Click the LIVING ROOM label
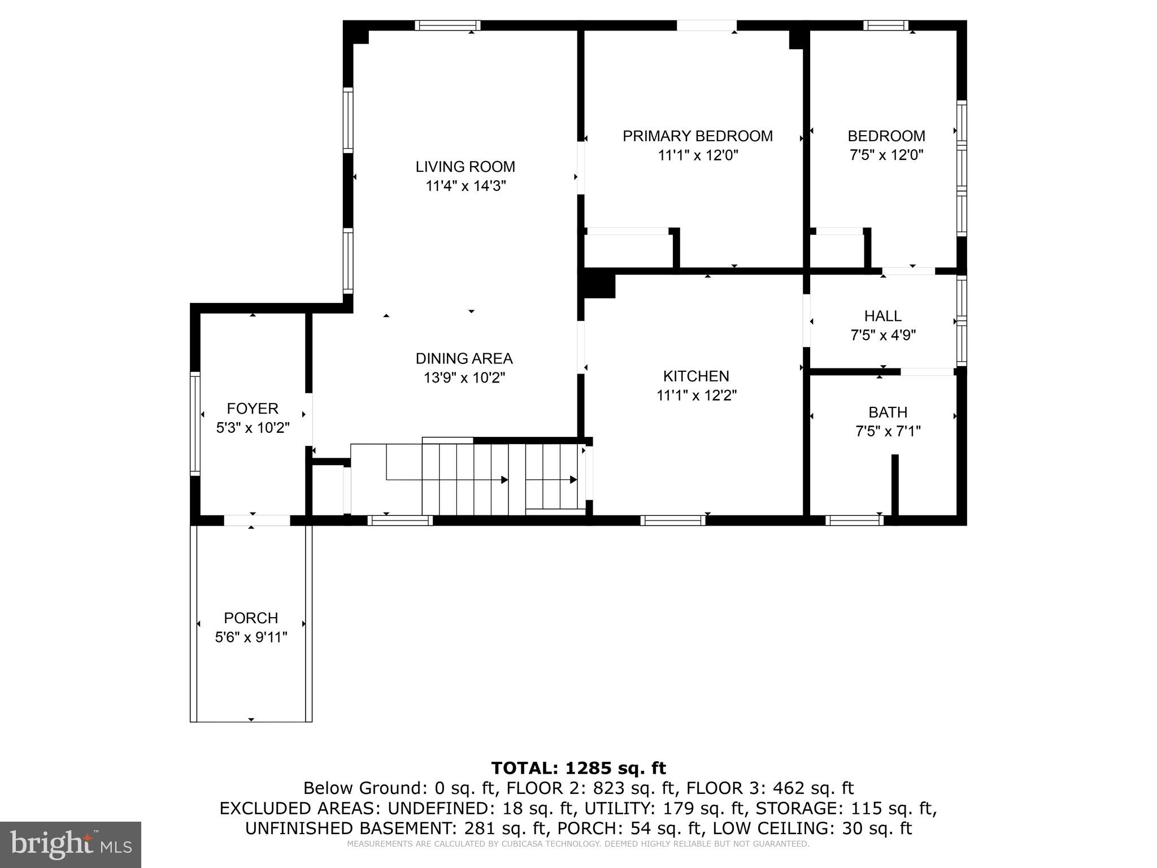coord(465,167)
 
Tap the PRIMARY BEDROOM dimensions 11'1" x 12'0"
coord(698,155)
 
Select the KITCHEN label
coord(696,376)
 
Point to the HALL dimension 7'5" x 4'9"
coord(883,335)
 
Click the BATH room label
coord(888,412)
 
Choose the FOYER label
coord(253,409)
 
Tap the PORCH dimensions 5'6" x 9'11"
coord(251,637)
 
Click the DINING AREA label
coord(464,358)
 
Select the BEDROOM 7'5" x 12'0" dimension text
coord(886,155)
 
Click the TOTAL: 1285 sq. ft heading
coord(578,768)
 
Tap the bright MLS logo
coord(71,844)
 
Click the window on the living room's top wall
coord(447,25)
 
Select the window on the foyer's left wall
coord(195,423)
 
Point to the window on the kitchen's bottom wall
coord(672,520)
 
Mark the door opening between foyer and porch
coord(257,520)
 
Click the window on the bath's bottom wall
coord(854,520)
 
